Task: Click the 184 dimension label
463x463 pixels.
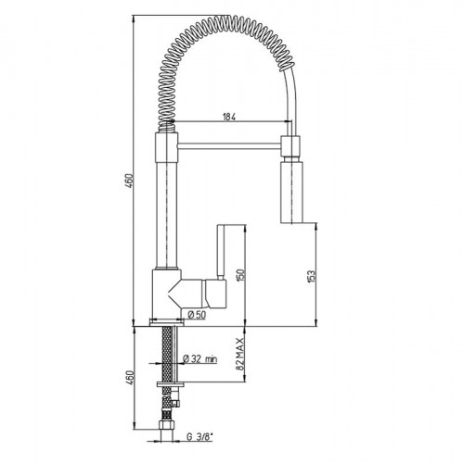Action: tap(229, 118)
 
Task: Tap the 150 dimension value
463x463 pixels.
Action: tap(241, 275)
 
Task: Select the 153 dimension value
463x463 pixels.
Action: tap(312, 276)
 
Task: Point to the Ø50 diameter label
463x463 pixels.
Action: tap(197, 315)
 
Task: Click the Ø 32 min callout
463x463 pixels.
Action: tap(200, 358)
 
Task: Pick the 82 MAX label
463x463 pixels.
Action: tap(240, 354)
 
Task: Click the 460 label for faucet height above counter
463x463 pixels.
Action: tap(130, 182)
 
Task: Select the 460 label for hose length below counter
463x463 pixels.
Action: tap(130, 377)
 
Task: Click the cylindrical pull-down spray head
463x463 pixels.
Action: tap(291, 190)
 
